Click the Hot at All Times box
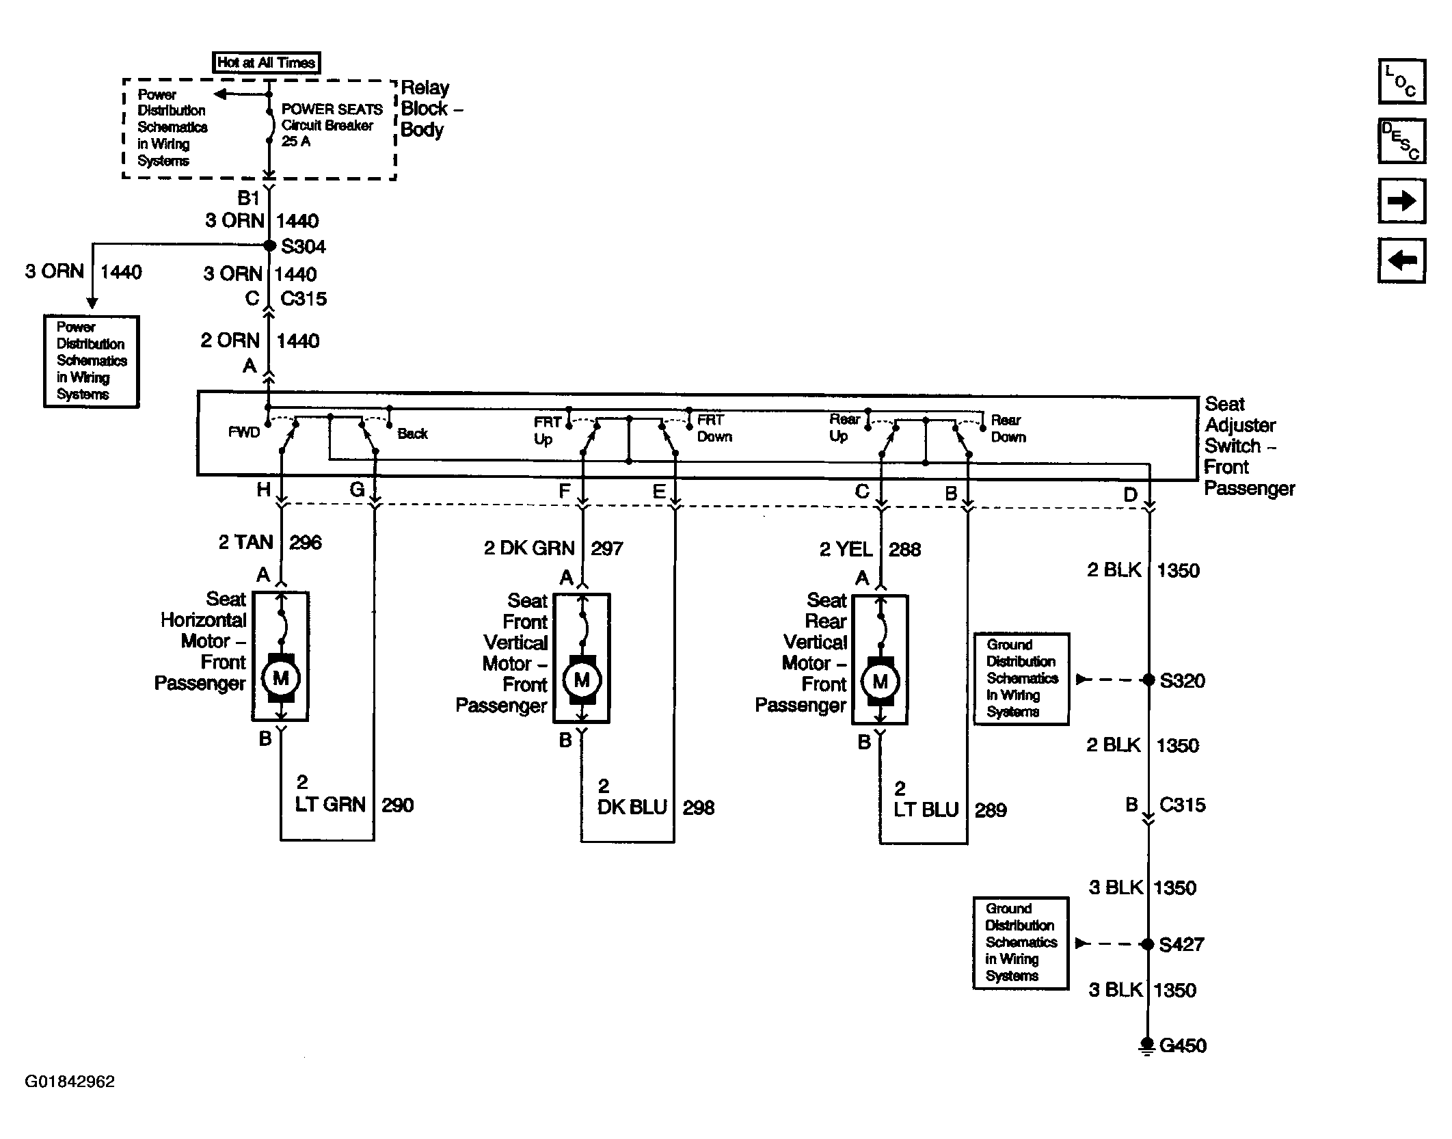[x=266, y=62]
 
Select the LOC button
[x=1401, y=81]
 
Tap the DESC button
[x=1401, y=141]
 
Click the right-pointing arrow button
[x=1401, y=201]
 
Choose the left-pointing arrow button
[x=1401, y=260]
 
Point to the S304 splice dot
[x=269, y=245]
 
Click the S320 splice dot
[x=1148, y=680]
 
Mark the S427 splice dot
[x=1148, y=944]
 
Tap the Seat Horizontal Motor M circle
[x=280, y=678]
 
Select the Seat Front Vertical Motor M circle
[x=581, y=680]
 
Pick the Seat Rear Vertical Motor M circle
[x=880, y=681]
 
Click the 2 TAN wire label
[x=245, y=542]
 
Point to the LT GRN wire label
[x=330, y=804]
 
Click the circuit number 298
[x=698, y=807]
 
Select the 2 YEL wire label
[x=846, y=549]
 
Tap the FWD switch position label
[x=244, y=433]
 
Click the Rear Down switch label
[x=1008, y=428]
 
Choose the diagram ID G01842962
[x=70, y=1082]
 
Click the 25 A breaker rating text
[x=296, y=142]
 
